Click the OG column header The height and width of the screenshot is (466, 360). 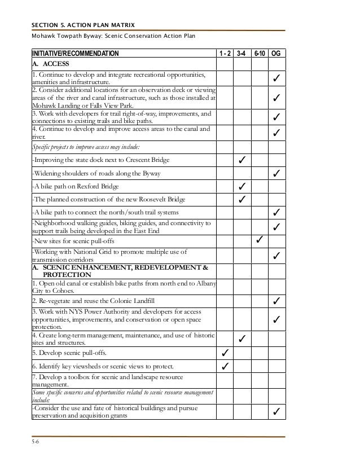click(x=277, y=54)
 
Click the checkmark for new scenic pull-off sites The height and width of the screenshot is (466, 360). click(x=260, y=241)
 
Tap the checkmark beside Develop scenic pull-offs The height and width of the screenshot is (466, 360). click(x=225, y=354)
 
